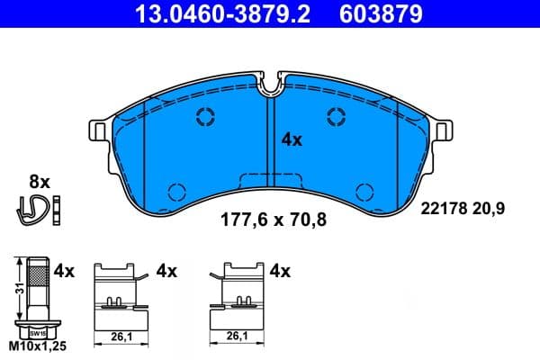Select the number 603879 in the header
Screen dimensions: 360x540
pyautogui.click(x=379, y=15)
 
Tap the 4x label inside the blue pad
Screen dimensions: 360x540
pyautogui.click(x=292, y=139)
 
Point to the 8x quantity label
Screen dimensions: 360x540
pyautogui.click(x=40, y=181)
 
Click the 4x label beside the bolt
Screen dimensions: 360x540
pyautogui.click(x=63, y=269)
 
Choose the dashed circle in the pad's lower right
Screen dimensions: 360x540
pyautogui.click(x=365, y=191)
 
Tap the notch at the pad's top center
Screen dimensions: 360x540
pyautogui.click(x=271, y=86)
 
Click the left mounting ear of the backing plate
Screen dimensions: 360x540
pyautogui.click(x=97, y=130)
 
